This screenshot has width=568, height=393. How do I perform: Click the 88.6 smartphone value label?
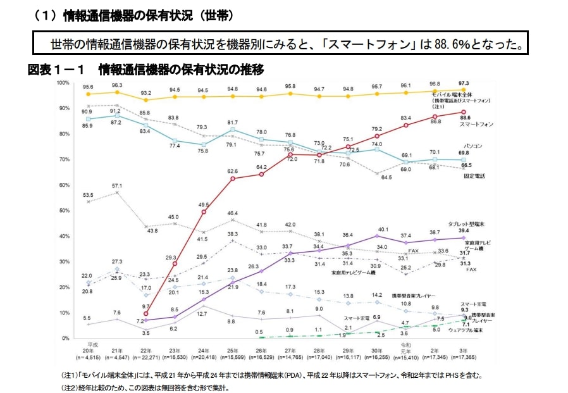click(x=465, y=118)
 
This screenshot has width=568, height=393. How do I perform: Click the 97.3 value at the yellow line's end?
click(x=464, y=84)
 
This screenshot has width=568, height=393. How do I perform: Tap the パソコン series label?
click(x=474, y=146)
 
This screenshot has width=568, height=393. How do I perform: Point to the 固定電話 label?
click(x=475, y=175)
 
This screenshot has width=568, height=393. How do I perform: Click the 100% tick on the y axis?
click(x=64, y=83)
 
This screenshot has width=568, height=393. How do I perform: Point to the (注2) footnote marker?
click(x=69, y=386)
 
